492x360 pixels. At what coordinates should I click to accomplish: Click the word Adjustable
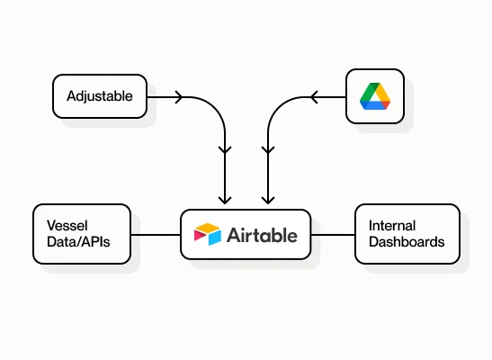(x=100, y=96)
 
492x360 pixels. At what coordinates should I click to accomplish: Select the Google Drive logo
(x=375, y=96)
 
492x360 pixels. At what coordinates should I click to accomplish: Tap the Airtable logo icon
(x=208, y=234)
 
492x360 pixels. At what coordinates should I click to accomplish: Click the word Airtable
(x=262, y=236)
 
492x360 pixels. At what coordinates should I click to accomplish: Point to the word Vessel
(x=67, y=226)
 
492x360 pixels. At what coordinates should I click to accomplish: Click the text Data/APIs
(x=78, y=242)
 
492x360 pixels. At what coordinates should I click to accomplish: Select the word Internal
(x=392, y=226)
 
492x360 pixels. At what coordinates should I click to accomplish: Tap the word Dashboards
(x=407, y=242)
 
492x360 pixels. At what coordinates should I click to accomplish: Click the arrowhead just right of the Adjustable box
(x=179, y=97)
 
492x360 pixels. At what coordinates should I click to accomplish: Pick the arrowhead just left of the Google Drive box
(x=314, y=97)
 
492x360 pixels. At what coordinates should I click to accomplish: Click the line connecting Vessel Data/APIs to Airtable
(x=156, y=235)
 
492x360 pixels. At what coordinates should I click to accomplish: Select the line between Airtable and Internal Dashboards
(x=333, y=235)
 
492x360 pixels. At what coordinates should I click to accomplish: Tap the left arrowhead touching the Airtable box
(x=225, y=200)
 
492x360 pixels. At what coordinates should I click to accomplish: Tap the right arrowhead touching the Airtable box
(x=268, y=200)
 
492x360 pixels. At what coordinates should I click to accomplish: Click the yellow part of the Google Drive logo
(x=382, y=92)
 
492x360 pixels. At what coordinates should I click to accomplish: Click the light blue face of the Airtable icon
(x=215, y=238)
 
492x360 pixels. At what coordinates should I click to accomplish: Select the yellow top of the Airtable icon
(x=208, y=227)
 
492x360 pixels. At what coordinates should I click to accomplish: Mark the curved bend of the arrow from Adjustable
(x=215, y=108)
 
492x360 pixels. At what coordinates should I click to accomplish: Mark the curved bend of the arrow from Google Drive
(x=278, y=108)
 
